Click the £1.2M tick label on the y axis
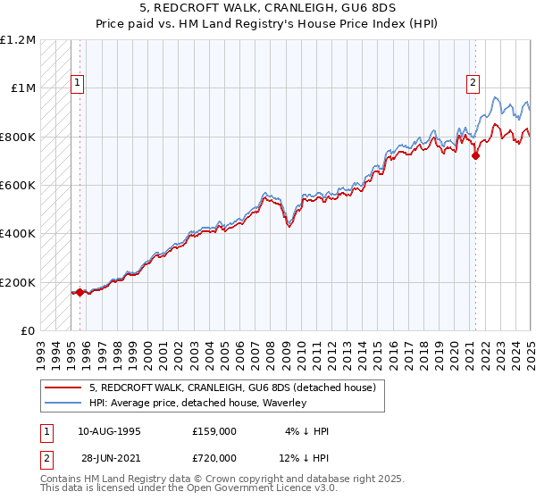point(18,40)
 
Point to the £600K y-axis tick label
point(18,186)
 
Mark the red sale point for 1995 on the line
point(80,292)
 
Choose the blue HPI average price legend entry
point(197,403)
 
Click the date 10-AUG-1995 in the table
point(109,430)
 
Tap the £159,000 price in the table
point(214,430)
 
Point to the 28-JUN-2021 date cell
point(109,457)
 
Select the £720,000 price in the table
point(214,457)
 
